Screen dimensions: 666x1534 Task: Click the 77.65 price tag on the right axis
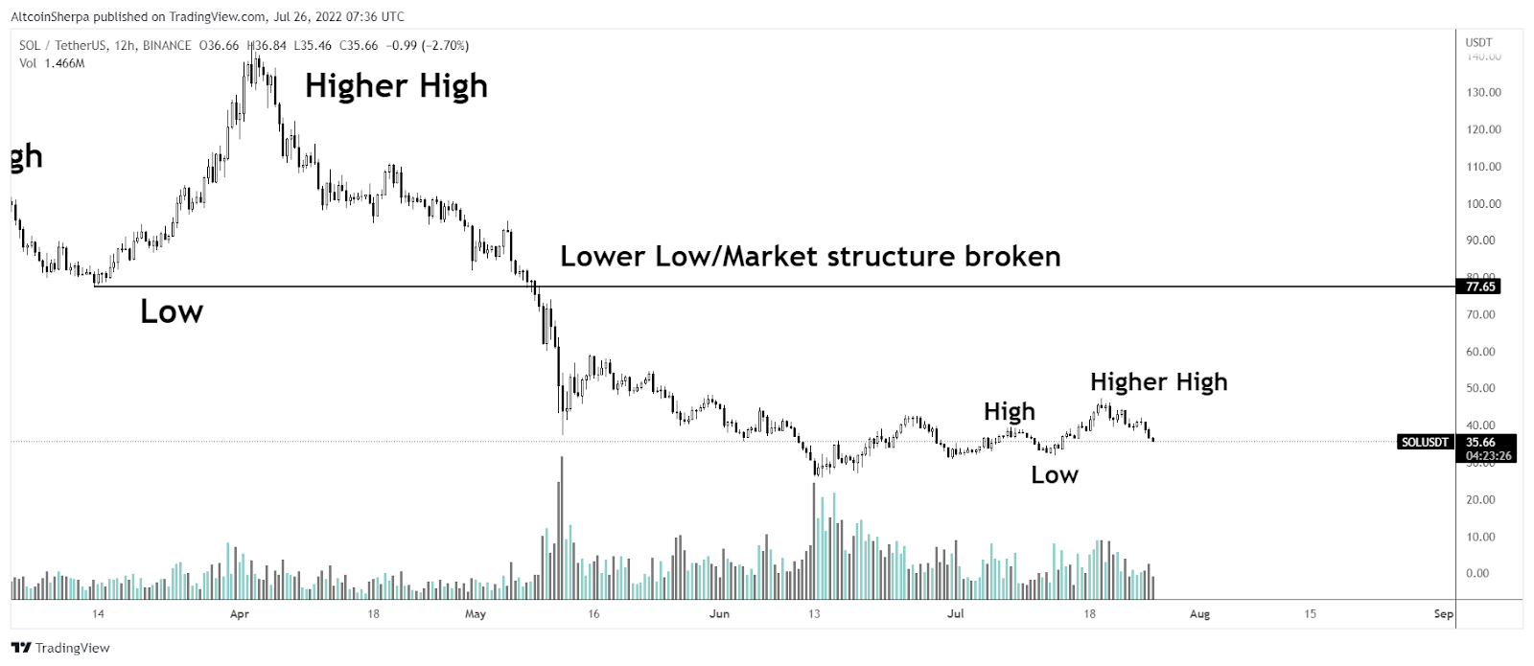point(1480,287)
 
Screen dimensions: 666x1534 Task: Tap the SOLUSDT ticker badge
point(1424,442)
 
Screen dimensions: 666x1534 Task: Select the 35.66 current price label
point(1480,442)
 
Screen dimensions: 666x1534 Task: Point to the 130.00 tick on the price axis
point(1483,93)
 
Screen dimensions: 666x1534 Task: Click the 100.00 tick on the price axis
point(1483,204)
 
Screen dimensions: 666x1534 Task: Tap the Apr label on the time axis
point(240,614)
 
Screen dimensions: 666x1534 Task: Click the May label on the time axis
point(476,614)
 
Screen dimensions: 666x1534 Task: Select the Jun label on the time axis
point(719,614)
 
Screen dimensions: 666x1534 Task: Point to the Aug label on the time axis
point(1199,614)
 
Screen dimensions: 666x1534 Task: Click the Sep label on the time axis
point(1443,614)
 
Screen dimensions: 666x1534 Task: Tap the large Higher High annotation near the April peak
point(396,86)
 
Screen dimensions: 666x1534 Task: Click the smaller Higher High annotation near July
point(1158,382)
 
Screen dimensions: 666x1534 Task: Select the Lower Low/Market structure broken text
point(810,257)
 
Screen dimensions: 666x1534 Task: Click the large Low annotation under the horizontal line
point(172,311)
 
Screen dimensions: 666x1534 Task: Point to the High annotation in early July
point(1010,412)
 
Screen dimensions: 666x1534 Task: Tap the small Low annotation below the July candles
point(1055,475)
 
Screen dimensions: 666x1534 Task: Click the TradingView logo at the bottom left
point(61,648)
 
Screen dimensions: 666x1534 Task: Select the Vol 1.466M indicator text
point(52,63)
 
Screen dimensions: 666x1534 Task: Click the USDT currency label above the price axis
point(1478,42)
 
